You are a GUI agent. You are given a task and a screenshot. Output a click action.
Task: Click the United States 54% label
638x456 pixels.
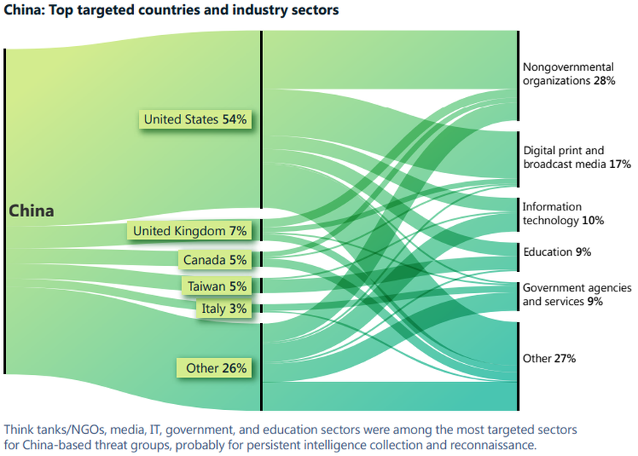pyautogui.click(x=195, y=119)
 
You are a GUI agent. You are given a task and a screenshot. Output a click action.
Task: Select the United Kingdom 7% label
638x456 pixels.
pyautogui.click(x=189, y=231)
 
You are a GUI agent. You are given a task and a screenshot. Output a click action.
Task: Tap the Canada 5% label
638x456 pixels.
pyautogui.click(x=215, y=259)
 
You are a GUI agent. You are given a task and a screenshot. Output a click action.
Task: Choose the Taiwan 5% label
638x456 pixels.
pyautogui.click(x=216, y=286)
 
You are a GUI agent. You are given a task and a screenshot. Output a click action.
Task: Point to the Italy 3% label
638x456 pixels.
pyautogui.click(x=224, y=308)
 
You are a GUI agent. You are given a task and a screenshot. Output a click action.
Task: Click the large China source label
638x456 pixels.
pyautogui.click(x=31, y=210)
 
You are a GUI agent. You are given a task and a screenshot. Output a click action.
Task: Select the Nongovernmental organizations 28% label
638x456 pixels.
pyautogui.click(x=569, y=74)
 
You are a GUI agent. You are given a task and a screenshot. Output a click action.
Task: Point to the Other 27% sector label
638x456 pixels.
pyautogui.click(x=549, y=359)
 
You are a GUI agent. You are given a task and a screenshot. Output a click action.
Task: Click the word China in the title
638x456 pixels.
pyautogui.click(x=22, y=10)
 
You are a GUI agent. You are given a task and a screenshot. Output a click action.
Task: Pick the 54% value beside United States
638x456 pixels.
pyautogui.click(x=236, y=119)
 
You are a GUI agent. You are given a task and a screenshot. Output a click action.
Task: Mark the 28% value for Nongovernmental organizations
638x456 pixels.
pyautogui.click(x=604, y=80)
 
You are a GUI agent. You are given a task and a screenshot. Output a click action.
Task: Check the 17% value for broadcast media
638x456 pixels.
pyautogui.click(x=620, y=164)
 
